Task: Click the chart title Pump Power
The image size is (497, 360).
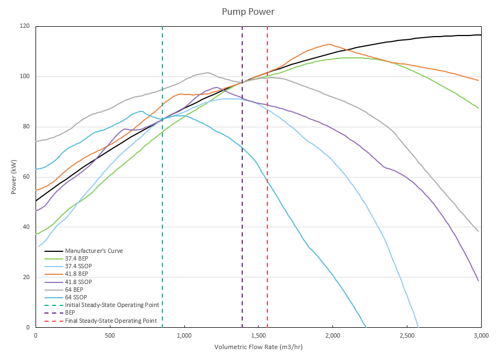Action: (x=248, y=11)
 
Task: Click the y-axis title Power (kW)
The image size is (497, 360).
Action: (x=13, y=176)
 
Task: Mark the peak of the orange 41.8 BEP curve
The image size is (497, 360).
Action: (x=329, y=44)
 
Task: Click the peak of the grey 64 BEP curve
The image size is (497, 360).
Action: (x=208, y=73)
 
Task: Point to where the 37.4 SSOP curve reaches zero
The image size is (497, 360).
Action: (x=418, y=327)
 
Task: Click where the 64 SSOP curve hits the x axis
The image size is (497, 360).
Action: (x=366, y=327)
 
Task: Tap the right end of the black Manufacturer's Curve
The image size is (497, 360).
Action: (x=481, y=35)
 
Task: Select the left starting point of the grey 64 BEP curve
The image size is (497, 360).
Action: (x=36, y=141)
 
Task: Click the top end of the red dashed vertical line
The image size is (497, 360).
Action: (x=267, y=27)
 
